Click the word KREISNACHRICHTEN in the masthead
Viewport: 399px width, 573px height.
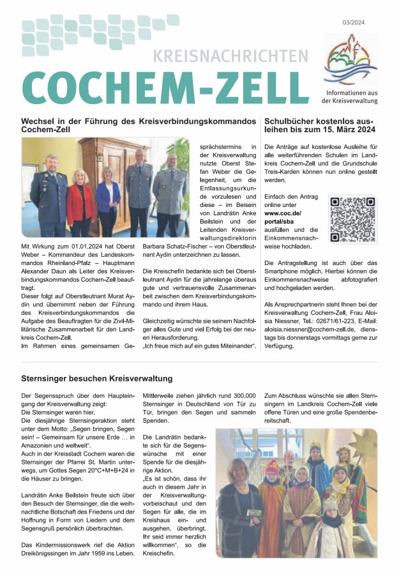pos(230,56)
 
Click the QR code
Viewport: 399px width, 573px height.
pos(352,218)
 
